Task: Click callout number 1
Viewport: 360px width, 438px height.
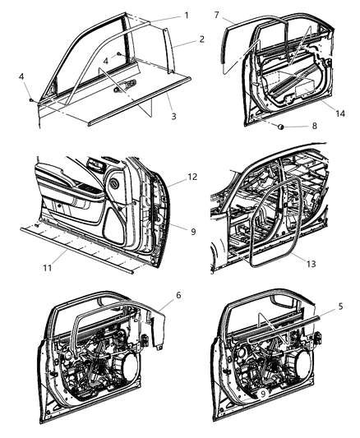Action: click(186, 16)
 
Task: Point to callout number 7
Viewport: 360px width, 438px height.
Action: click(216, 16)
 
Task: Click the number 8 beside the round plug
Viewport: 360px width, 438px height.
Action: click(312, 127)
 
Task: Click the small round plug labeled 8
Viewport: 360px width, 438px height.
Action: click(281, 127)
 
